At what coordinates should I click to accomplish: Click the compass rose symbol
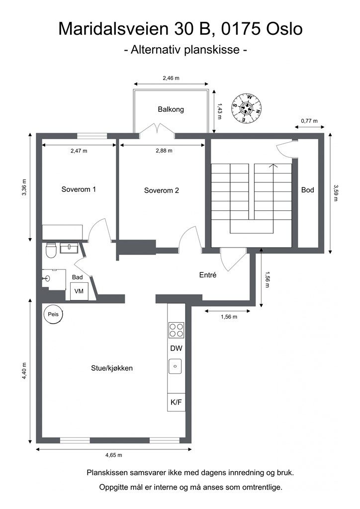pos(247,108)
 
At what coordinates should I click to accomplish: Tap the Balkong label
pos(171,109)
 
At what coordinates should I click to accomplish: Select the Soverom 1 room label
pos(79,189)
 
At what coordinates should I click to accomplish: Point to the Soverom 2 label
pos(161,190)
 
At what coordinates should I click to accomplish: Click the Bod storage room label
pos(307,190)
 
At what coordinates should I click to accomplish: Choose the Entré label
pos(208,275)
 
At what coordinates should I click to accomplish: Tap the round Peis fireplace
pos(53,314)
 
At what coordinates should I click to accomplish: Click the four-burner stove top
pos(176,330)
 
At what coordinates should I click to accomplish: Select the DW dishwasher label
pos(176,348)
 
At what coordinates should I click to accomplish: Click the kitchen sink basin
pos(176,366)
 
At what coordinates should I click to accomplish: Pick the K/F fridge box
pos(176,402)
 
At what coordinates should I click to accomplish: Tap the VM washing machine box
pos(79,291)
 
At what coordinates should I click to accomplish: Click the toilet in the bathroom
pos(51,250)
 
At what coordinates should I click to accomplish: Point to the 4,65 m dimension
pos(113,455)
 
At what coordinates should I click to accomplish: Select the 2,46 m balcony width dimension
pos(171,78)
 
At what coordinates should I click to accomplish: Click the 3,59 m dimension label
pos(335,193)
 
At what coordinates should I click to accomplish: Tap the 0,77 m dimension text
pos(309,121)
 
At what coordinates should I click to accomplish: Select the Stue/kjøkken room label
pos(112,368)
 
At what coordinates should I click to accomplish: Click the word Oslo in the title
pos(284,29)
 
